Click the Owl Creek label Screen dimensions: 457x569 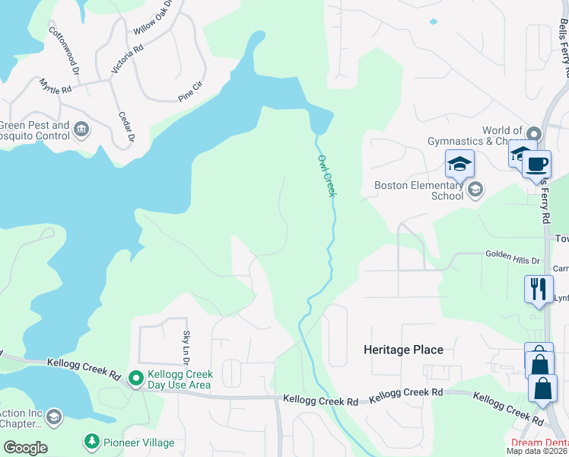326,175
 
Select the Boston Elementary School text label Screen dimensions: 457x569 418,190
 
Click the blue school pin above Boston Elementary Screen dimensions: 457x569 459,164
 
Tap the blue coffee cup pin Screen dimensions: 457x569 536,164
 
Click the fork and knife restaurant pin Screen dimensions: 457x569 539,289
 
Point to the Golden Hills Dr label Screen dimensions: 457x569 513,260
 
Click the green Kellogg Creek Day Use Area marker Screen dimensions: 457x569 135,378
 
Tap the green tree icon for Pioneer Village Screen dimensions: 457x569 91,442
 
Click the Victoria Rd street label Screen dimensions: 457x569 127,59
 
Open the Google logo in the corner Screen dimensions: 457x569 24,447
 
